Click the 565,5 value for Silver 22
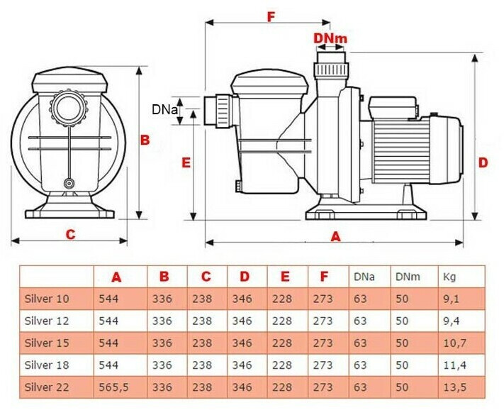113,387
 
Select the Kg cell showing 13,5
455,387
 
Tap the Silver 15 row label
47,343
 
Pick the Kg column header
449,277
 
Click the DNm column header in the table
408,277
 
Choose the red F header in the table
324,276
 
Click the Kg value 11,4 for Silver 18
455,365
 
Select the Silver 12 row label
47,321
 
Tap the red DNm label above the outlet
330,38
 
